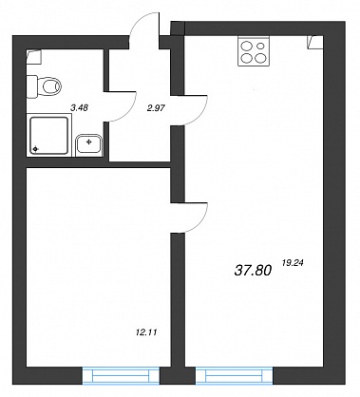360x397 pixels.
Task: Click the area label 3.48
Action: coord(79,108)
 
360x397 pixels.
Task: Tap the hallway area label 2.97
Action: coord(156,108)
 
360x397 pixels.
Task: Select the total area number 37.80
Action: coord(253,271)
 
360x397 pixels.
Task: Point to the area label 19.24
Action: coord(293,262)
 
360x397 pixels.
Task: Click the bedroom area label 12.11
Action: coord(146,332)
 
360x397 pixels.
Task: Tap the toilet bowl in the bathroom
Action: coord(50,85)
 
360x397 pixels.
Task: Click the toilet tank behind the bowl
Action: coord(32,86)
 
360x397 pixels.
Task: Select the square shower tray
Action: coord(49,136)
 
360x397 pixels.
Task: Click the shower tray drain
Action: coord(35,149)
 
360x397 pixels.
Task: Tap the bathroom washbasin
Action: coord(89,145)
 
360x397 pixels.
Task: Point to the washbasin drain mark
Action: coord(89,142)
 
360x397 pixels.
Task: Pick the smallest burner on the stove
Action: coord(260,46)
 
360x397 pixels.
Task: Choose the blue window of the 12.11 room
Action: coord(121,376)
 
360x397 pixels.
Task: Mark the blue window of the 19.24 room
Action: coord(235,376)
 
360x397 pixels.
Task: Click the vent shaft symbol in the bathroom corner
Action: coord(34,56)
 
